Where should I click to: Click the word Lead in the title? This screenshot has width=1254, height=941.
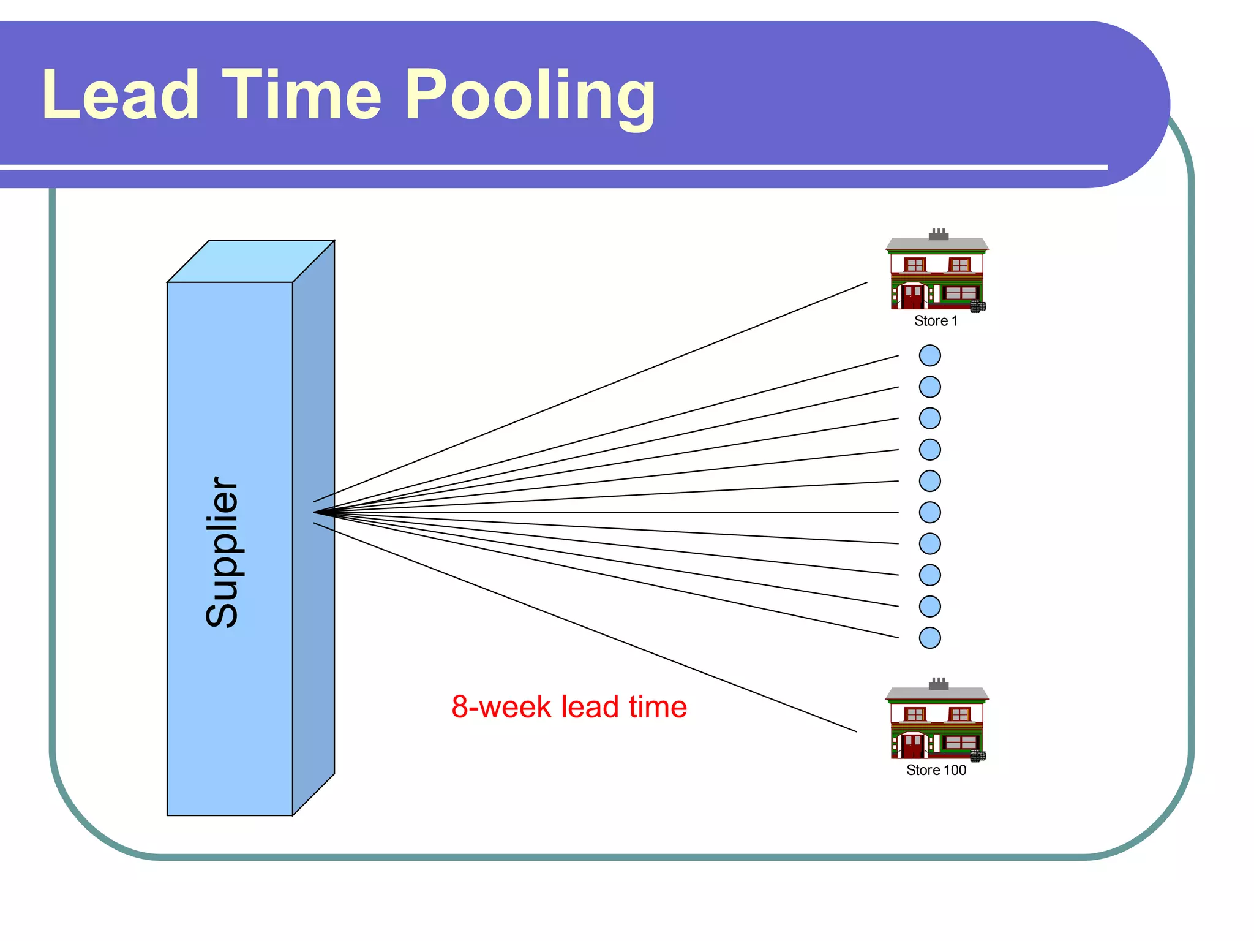[121, 95]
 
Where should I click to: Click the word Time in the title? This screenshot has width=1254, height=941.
[301, 95]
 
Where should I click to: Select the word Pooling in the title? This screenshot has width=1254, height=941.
[530, 97]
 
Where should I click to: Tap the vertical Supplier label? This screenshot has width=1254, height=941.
[222, 552]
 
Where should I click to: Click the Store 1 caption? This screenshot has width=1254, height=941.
[936, 321]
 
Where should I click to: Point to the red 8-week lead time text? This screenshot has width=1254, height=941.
[569, 707]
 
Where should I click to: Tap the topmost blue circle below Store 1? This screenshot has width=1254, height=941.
[929, 355]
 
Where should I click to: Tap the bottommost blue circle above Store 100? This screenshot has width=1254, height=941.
[929, 638]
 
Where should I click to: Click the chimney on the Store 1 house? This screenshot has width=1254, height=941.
[939, 234]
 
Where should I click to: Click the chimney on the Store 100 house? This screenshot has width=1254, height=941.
[939, 684]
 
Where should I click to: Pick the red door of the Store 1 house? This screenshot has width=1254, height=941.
[912, 298]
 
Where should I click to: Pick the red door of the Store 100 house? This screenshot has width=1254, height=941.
[912, 747]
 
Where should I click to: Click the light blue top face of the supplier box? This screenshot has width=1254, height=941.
[251, 262]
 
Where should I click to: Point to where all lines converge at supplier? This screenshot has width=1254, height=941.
[316, 512]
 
